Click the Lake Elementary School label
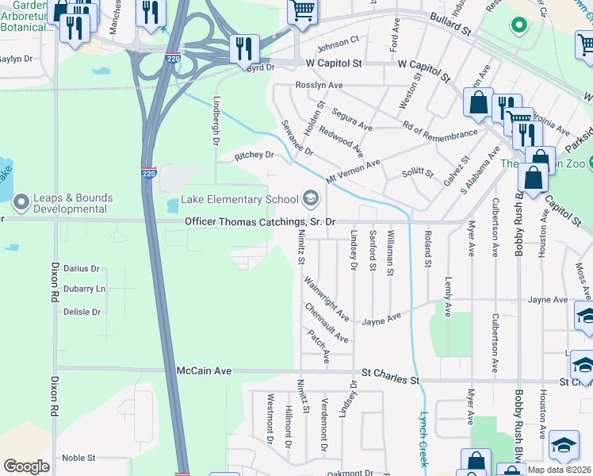239,199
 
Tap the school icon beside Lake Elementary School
310,198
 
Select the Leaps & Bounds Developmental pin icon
19,199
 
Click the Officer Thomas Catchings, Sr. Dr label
260,222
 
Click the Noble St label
78,458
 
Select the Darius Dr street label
82,269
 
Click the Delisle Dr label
82,312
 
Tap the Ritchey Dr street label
254,155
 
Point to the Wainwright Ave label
326,297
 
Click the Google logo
26,466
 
